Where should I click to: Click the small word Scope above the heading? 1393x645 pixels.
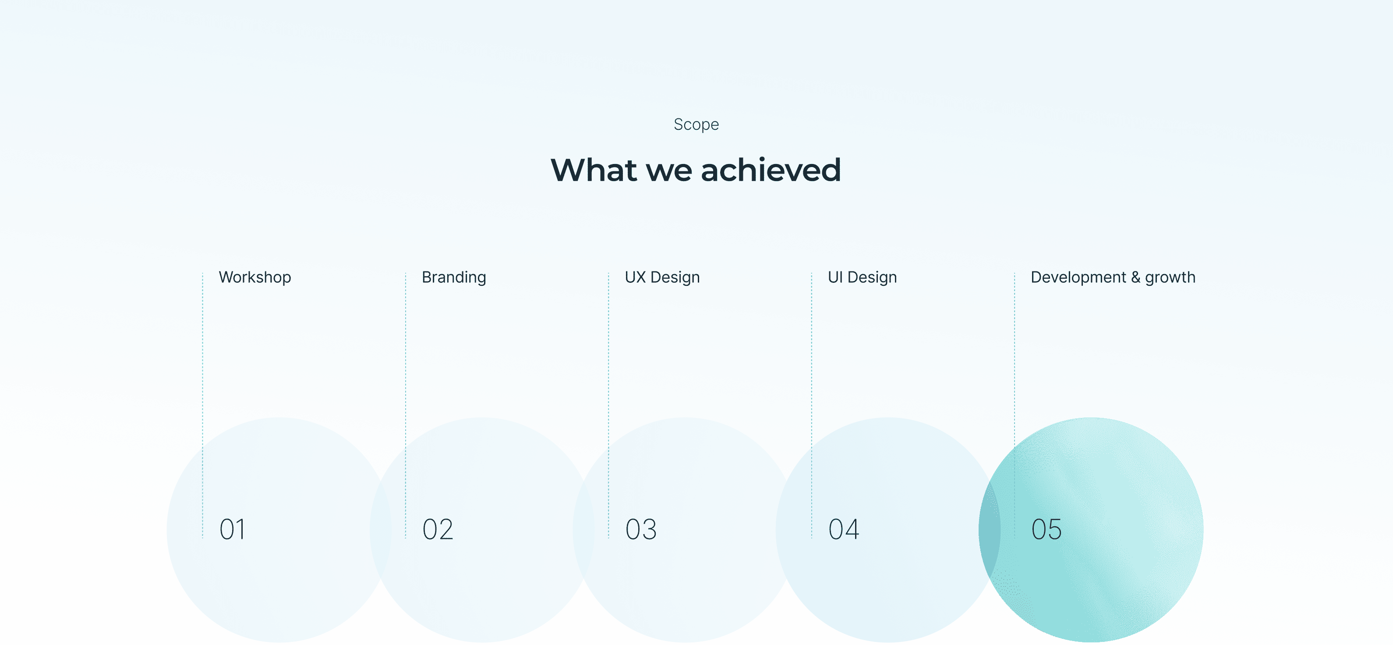696,125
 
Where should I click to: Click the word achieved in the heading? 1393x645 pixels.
771,170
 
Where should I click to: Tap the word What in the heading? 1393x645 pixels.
594,170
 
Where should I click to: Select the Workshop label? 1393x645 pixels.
255,278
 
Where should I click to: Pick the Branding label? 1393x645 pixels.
454,278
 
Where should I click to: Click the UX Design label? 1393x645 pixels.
662,278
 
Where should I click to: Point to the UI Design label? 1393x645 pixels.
862,278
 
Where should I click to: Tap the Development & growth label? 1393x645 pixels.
1113,278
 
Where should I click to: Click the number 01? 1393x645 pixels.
232,529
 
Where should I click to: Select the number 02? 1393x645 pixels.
438,529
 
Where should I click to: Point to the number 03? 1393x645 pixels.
641,529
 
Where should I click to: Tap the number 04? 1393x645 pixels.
844,529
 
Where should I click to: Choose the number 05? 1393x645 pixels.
1047,529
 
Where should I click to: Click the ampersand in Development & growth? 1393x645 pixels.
1135,277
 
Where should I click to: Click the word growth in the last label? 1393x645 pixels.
1170,278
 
